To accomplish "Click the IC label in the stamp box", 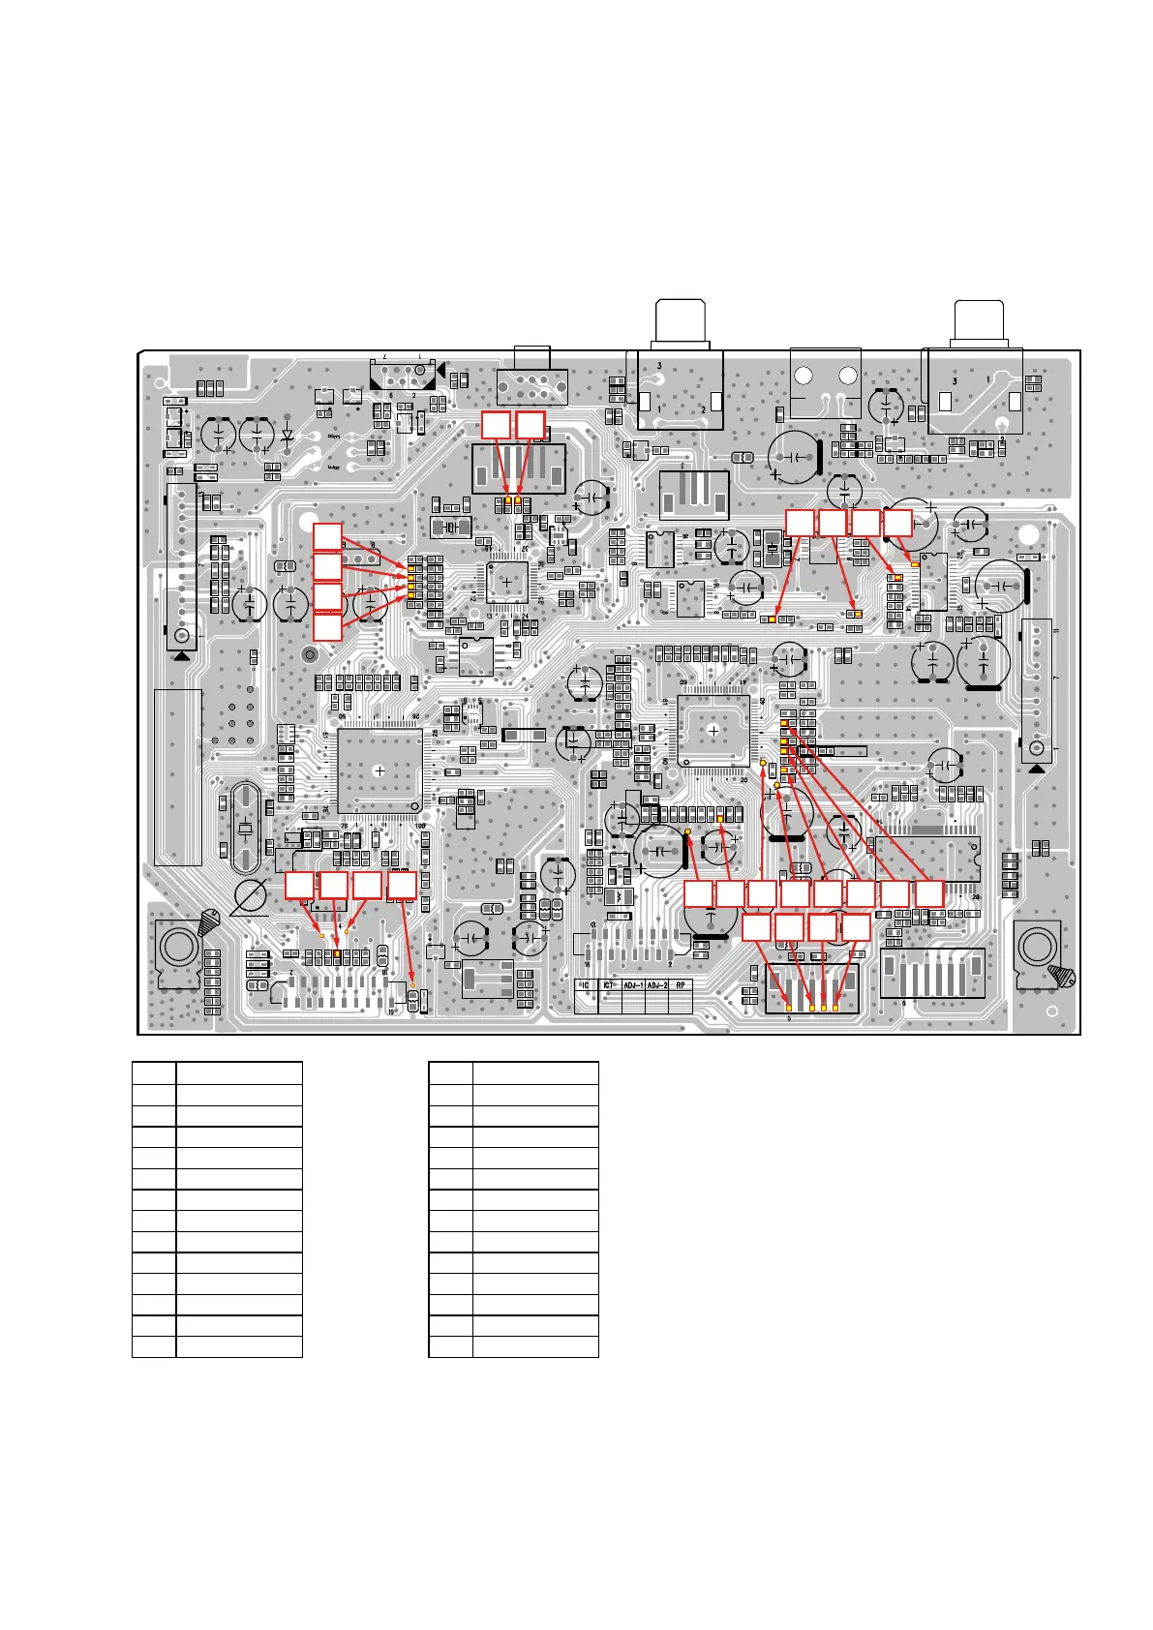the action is click(x=585, y=985).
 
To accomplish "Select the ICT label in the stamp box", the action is click(x=609, y=985).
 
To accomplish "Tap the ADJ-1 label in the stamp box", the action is click(x=633, y=985).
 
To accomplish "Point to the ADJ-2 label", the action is click(x=657, y=985).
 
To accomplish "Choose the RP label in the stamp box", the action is click(x=681, y=985).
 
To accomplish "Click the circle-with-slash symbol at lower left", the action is click(x=251, y=896).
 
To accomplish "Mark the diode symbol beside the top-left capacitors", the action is click(x=288, y=436).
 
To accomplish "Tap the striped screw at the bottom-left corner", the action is click(x=209, y=923).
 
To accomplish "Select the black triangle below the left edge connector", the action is click(x=181, y=655).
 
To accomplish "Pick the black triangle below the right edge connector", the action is click(x=1037, y=769).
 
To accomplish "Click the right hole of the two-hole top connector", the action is click(x=848, y=377).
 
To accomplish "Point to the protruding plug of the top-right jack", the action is click(x=978, y=319).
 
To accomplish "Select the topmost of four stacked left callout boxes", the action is click(x=327, y=536).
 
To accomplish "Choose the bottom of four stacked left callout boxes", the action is click(x=327, y=626).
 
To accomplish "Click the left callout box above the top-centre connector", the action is click(x=496, y=425).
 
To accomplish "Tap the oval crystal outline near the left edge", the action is click(x=245, y=830).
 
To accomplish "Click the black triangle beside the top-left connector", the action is click(x=441, y=370).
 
